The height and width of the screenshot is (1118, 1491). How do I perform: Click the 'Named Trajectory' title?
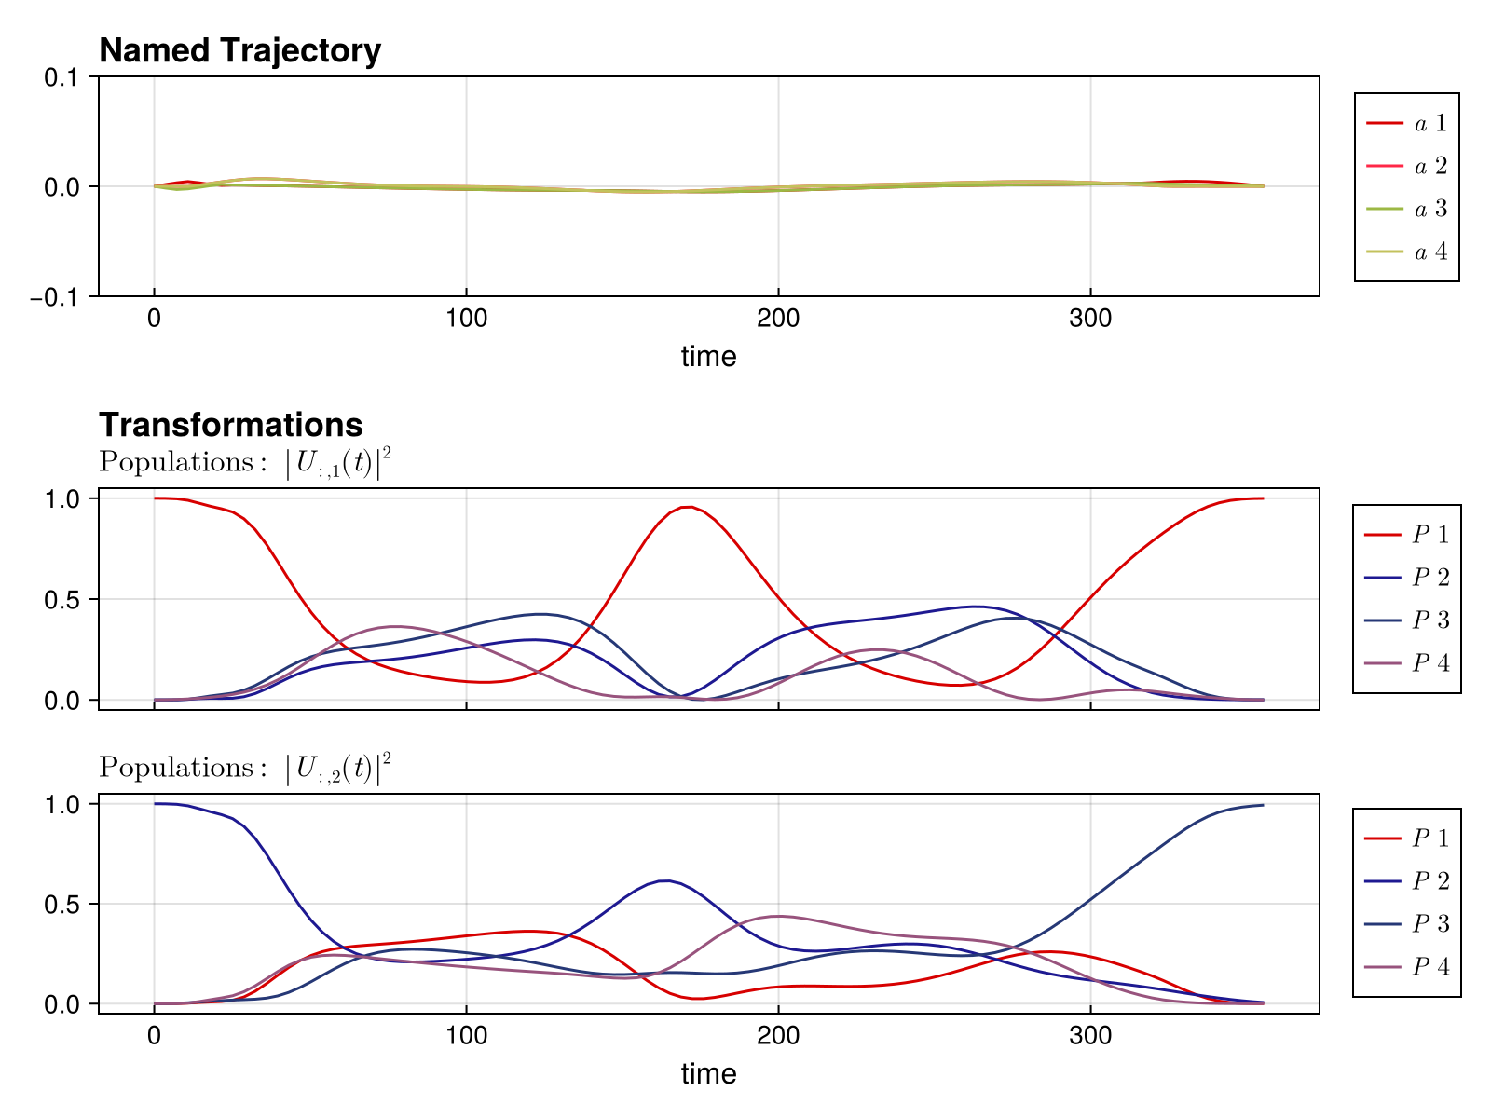click(239, 51)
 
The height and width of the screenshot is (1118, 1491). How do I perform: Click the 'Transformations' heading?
click(230, 425)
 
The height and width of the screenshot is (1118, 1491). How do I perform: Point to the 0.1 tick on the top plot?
click(63, 77)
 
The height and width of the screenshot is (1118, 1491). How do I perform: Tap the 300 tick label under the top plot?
click(1090, 319)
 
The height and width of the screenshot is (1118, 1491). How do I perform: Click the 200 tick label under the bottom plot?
click(778, 1036)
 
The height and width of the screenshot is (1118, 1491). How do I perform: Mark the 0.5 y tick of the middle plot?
click(63, 599)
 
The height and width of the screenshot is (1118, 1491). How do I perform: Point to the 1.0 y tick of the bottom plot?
click(63, 803)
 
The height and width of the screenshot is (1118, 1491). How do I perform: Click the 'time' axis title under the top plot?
click(708, 356)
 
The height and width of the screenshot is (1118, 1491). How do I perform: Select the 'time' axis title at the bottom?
click(708, 1073)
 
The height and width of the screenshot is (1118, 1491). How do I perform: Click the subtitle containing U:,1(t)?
click(245, 462)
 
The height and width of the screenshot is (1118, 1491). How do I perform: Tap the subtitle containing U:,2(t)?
click(245, 768)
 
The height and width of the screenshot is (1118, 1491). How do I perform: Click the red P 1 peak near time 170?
click(687, 507)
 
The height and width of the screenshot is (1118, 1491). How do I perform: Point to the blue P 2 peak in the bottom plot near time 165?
click(664, 880)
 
